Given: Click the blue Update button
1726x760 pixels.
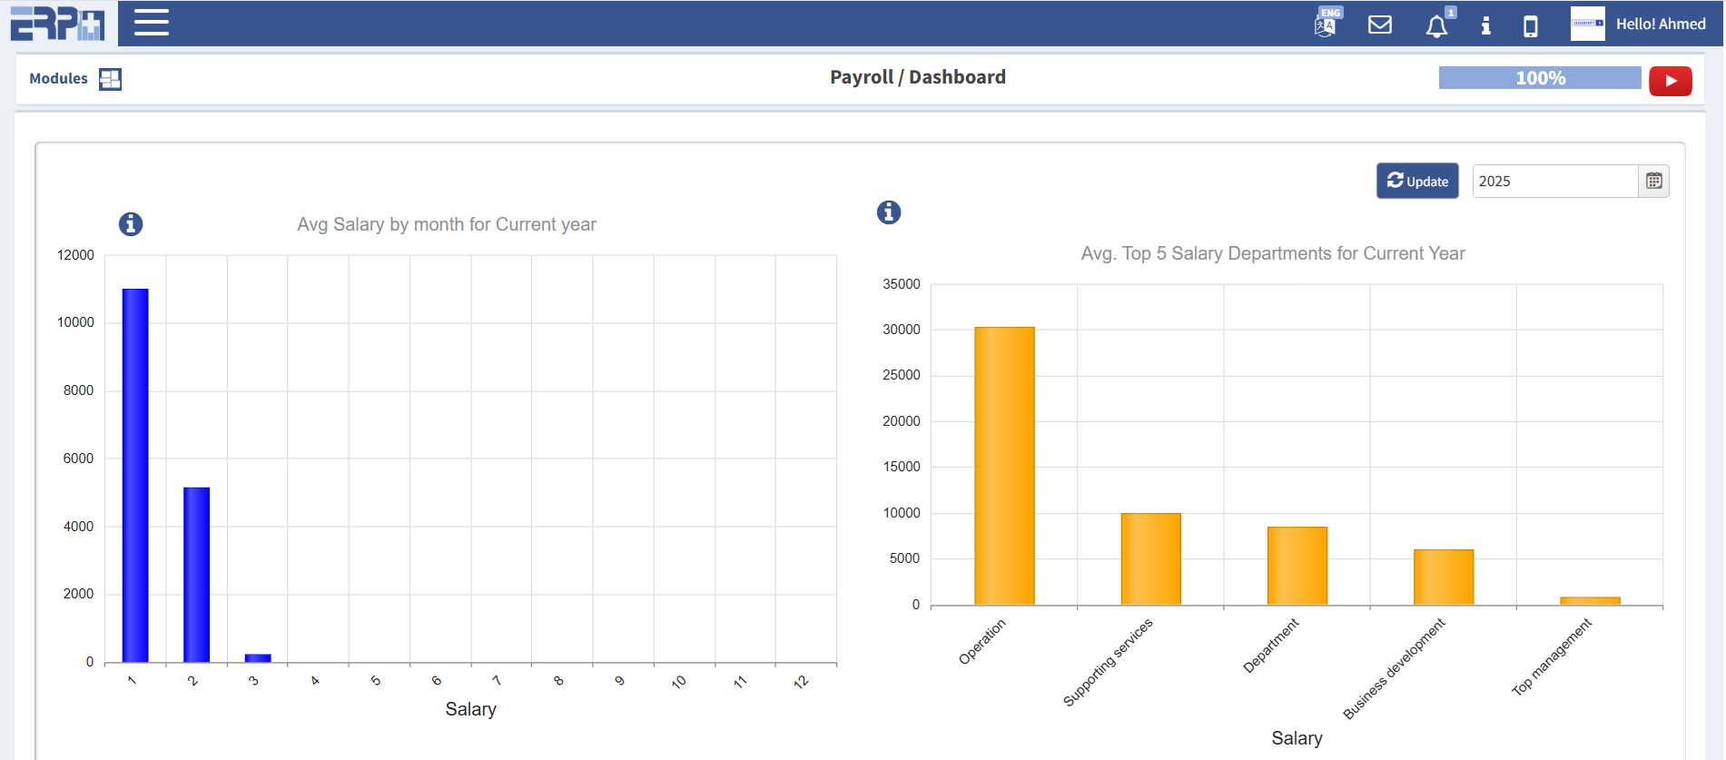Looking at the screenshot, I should click(1416, 181).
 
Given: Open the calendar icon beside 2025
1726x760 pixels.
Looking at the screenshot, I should click(1653, 181).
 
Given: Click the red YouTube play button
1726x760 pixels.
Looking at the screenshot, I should click(1670, 81).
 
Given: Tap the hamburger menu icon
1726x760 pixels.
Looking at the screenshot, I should click(152, 23).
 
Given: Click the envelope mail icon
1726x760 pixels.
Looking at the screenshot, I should click(1379, 25).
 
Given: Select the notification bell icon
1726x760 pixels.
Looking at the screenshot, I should click(1436, 26).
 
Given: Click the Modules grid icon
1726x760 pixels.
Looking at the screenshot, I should click(110, 79).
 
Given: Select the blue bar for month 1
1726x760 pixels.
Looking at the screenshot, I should click(135, 475).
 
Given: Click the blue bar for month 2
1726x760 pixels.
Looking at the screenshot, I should click(196, 574).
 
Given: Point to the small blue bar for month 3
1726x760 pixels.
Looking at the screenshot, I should click(258, 658).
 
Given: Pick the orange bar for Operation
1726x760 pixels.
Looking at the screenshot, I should click(1004, 465).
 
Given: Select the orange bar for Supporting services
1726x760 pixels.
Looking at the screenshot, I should click(1150, 558).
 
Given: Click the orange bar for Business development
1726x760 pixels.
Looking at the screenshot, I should click(1443, 577).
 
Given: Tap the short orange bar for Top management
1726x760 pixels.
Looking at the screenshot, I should click(1589, 600).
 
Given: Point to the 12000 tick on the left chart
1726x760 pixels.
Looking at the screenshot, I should click(75, 255).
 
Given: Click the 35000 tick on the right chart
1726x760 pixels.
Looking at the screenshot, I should click(901, 284).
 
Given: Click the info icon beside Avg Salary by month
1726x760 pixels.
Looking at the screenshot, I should click(131, 224).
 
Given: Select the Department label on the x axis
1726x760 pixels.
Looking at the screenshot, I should click(1271, 646).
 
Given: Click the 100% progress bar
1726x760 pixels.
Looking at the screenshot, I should click(1539, 78).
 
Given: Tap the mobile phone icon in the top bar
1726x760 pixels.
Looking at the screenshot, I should click(1530, 26).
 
